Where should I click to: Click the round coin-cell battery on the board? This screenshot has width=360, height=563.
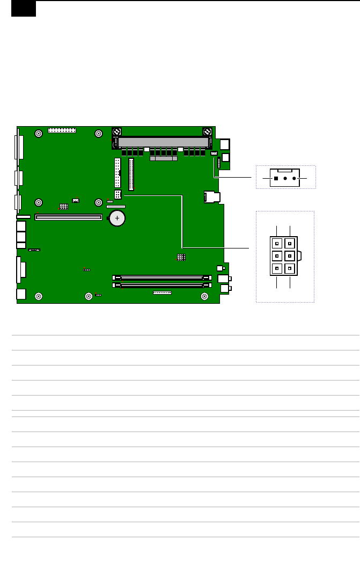(117, 217)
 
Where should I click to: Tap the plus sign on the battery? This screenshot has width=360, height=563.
(117, 217)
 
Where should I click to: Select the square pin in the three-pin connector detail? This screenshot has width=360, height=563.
(276, 178)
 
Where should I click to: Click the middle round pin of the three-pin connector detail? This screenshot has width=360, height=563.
(285, 178)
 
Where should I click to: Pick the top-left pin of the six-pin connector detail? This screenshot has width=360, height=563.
(276, 243)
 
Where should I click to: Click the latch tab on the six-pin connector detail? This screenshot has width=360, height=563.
(299, 255)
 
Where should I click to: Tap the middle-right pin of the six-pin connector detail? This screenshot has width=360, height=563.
(289, 255)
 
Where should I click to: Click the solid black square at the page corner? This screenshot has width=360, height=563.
(24, 9)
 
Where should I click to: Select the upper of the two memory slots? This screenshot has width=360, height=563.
(161, 278)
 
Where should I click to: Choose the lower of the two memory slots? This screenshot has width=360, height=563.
(161, 285)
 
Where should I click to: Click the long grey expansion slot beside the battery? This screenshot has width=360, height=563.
(68, 217)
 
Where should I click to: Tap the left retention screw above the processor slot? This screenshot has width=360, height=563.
(116, 131)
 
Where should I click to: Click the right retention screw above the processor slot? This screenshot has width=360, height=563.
(207, 131)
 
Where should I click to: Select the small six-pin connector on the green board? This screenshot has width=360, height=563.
(118, 195)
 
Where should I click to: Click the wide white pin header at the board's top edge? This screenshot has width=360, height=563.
(62, 130)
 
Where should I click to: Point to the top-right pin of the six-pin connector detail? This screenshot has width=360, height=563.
(289, 243)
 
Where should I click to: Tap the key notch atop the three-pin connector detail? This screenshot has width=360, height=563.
(285, 170)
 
